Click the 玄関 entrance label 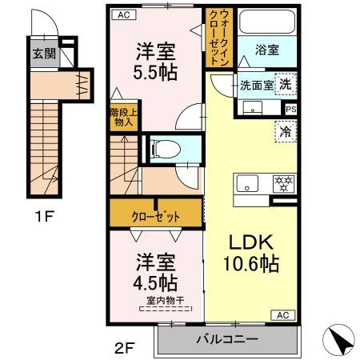point(44,54)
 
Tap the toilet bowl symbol point(166,149)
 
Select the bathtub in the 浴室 point(267,22)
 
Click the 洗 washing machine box point(286,84)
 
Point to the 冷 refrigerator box point(286,131)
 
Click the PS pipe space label point(291,110)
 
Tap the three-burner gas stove point(284,183)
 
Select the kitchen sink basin point(247,183)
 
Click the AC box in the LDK point(283,315)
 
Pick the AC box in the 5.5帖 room point(124,14)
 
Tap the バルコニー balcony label point(227,339)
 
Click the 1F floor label point(45,216)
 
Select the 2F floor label point(125,348)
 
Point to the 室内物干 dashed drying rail point(166,309)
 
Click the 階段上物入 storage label point(124,117)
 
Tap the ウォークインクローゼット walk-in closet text point(219,38)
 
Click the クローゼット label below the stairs point(156,217)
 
